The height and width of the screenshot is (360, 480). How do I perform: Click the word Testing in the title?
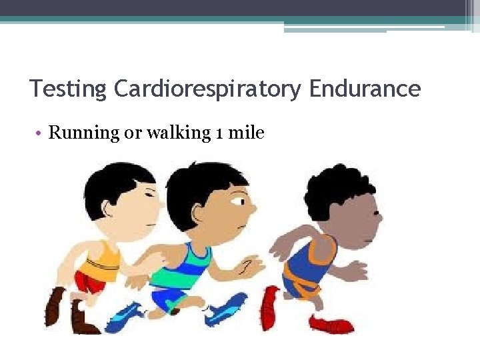point(67,89)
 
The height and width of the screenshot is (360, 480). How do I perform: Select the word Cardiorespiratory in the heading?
point(207,89)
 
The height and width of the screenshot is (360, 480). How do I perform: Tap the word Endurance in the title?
point(365,89)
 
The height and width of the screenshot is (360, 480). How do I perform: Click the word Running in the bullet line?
point(83,133)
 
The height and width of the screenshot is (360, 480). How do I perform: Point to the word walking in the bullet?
point(178,133)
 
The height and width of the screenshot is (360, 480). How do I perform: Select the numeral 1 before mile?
point(220,133)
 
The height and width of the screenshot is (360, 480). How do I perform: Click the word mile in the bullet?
point(247,133)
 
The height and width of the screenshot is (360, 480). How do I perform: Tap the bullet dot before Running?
point(41,133)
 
